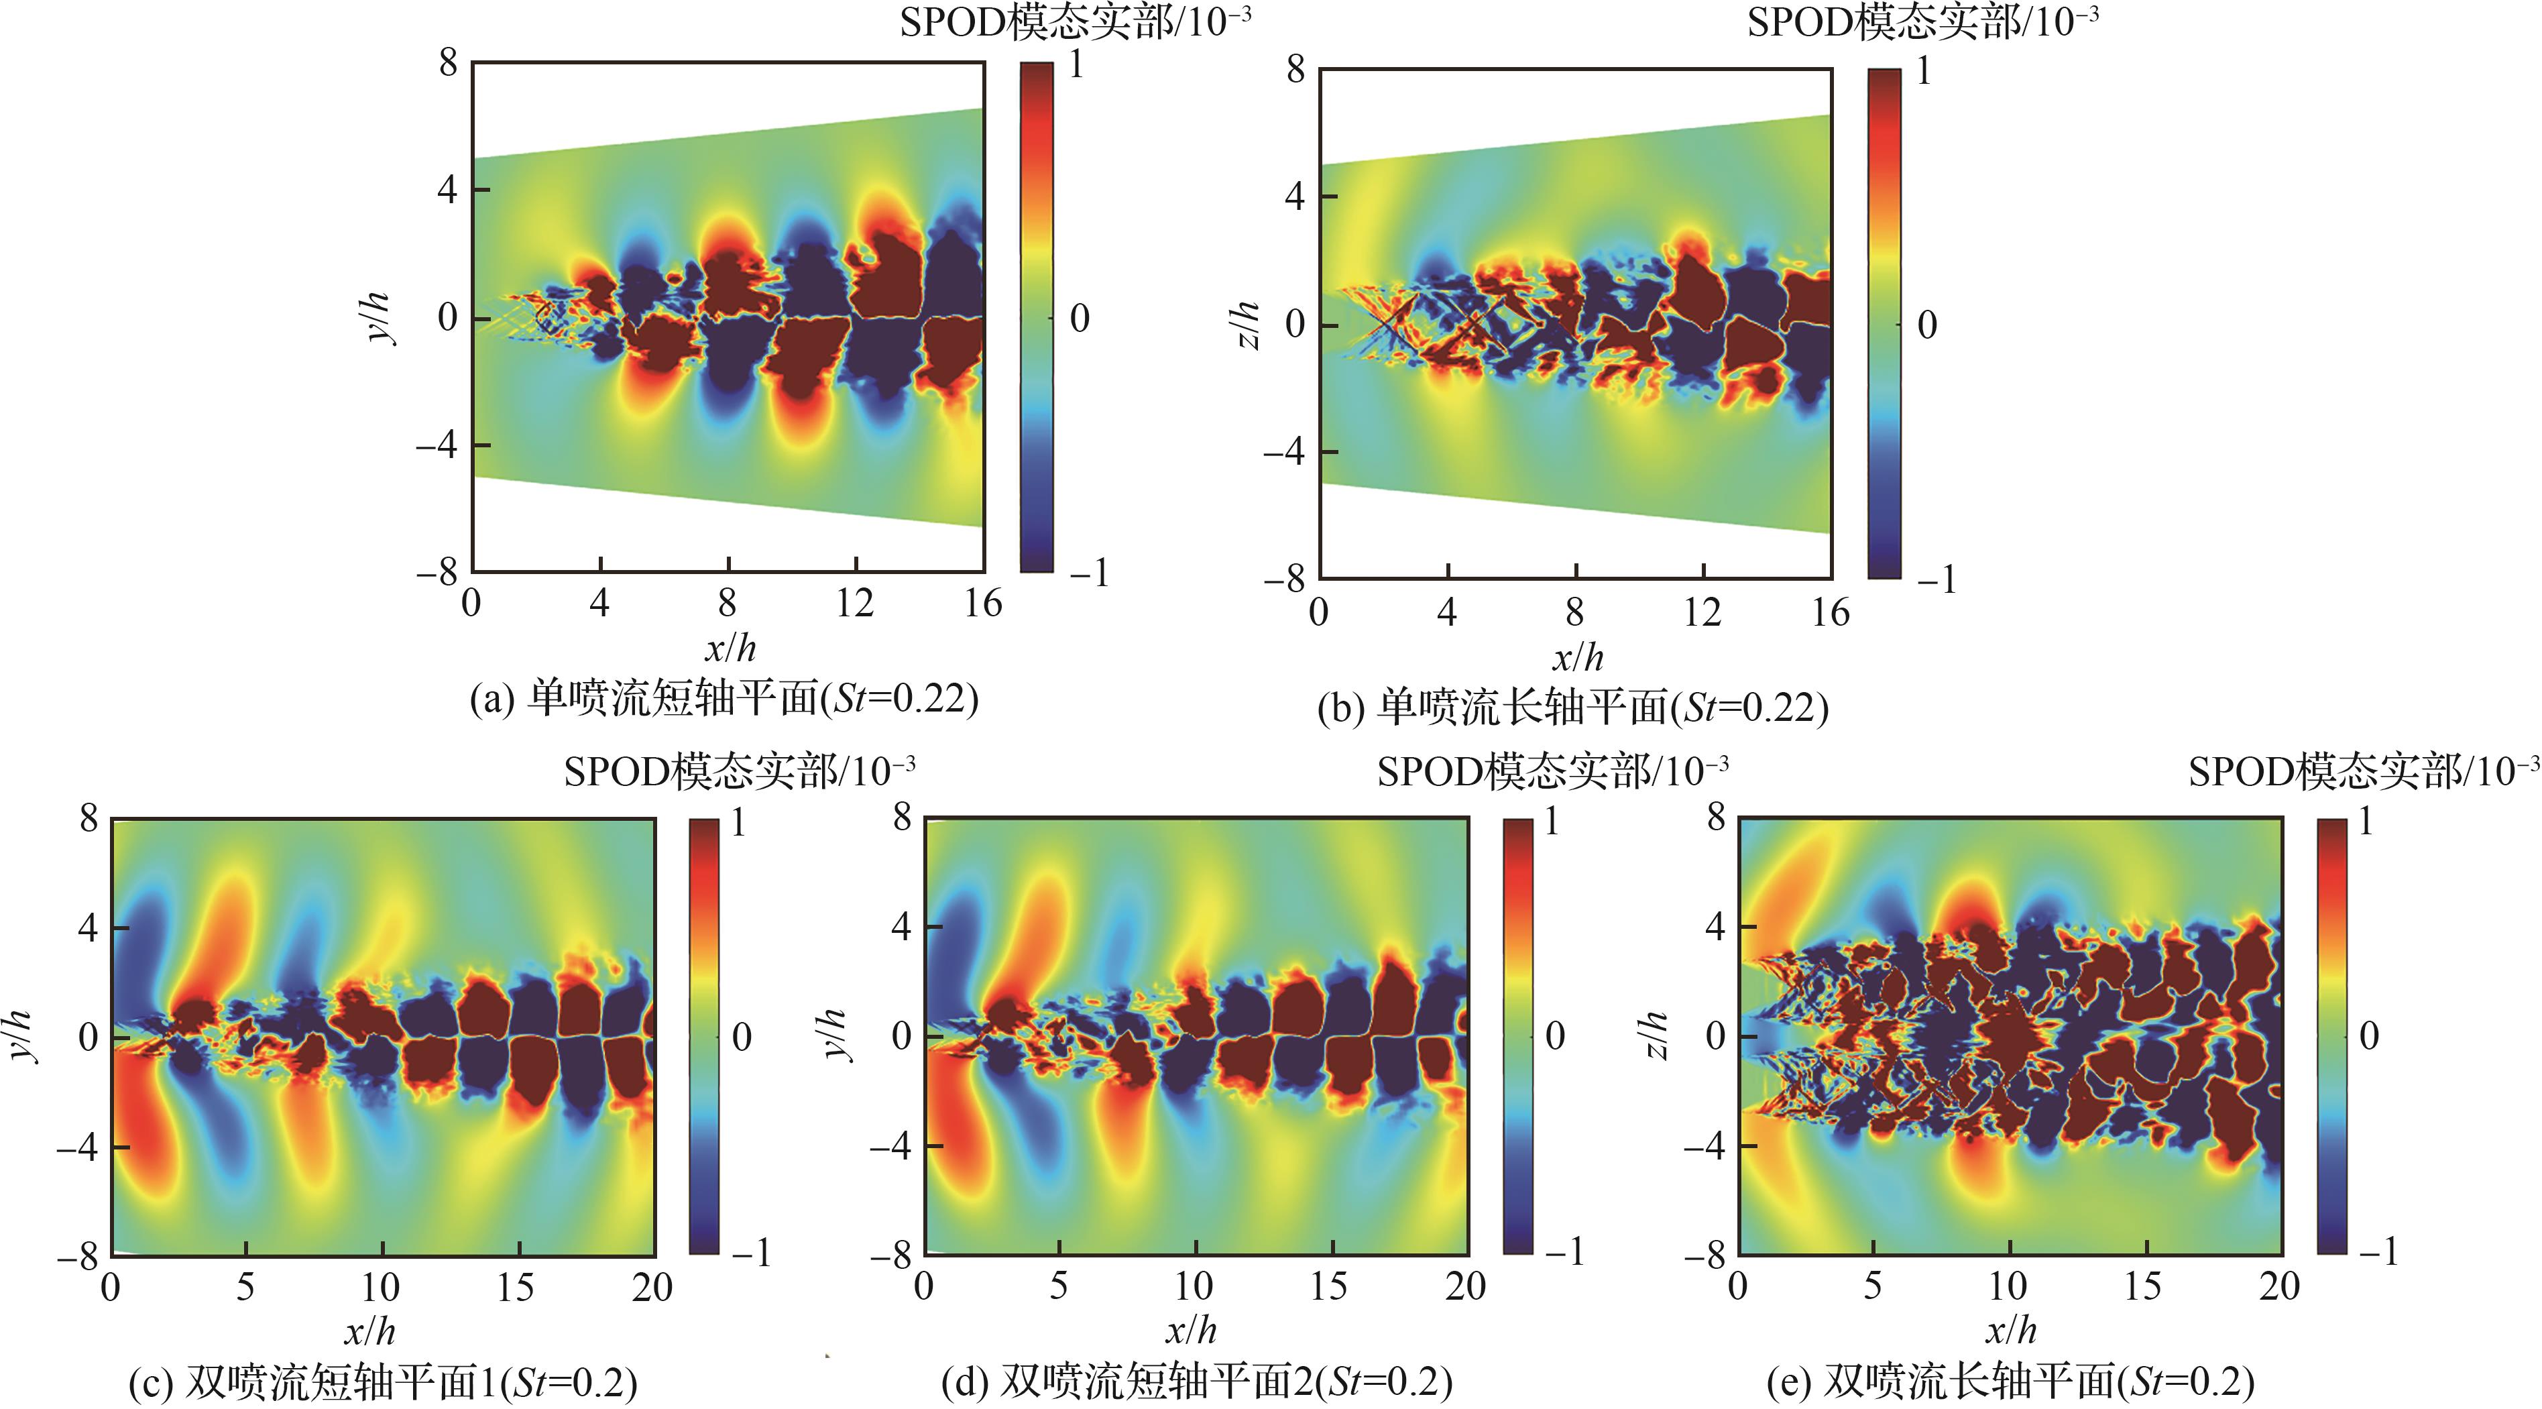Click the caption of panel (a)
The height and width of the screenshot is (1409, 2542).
click(x=724, y=699)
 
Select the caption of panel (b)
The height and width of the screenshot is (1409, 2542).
click(x=1573, y=708)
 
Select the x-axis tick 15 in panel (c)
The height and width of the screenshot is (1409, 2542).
click(x=515, y=1287)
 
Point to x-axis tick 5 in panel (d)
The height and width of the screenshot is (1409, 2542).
click(x=1058, y=1286)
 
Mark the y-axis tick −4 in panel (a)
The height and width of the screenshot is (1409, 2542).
click(x=436, y=445)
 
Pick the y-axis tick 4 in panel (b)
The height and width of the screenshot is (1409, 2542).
click(x=1295, y=196)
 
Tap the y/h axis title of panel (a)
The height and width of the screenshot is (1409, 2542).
click(x=379, y=318)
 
